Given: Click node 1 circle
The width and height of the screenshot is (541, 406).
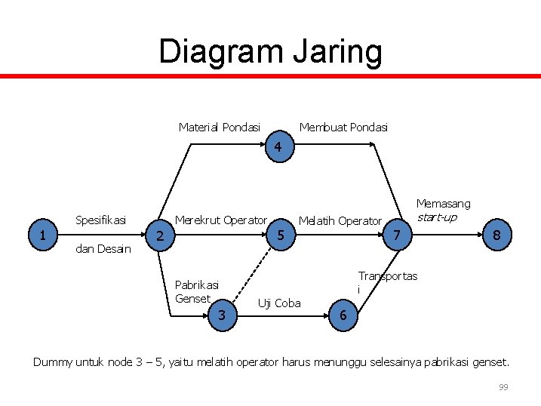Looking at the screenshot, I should (43, 235).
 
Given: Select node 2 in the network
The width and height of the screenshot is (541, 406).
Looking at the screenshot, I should (159, 237).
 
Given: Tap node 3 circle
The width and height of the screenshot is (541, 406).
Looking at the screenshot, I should (222, 314).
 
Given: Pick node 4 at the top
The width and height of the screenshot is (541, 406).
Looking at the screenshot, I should (278, 148).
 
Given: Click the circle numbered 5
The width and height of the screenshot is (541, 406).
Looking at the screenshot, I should (280, 235).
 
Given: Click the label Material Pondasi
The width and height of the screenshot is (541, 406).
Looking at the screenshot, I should (220, 127).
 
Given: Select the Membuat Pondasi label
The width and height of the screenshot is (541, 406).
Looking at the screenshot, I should (343, 127).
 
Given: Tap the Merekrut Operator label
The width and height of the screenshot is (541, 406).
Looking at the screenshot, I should (221, 220).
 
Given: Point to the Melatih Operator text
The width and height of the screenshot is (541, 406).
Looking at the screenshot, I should (340, 221).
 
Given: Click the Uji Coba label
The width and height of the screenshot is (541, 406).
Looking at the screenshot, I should (279, 303).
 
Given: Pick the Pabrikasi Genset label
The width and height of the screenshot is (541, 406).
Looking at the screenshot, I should (196, 291).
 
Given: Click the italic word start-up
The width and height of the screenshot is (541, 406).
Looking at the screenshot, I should (436, 217).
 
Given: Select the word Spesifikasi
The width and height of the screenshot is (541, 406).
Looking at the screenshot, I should (100, 220).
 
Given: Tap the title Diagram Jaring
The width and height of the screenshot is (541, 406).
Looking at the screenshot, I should (270, 51).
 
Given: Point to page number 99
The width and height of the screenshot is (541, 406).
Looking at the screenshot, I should (503, 387).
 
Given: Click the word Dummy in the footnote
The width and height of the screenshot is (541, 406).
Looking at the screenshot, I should (53, 362).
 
